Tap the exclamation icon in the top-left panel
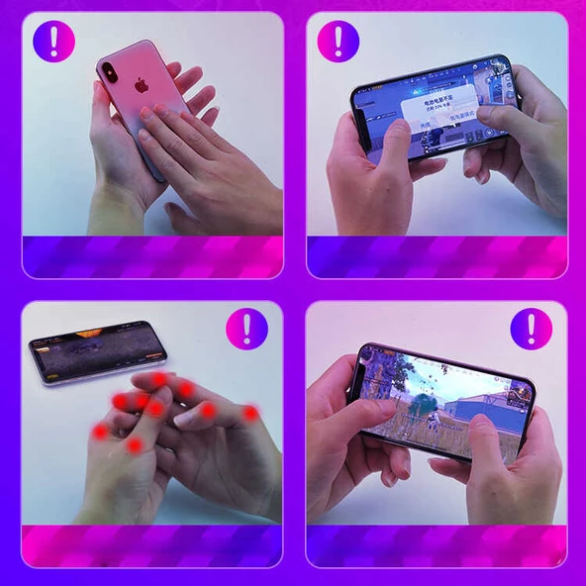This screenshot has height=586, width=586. point(53,41)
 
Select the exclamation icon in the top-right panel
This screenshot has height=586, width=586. point(338,41)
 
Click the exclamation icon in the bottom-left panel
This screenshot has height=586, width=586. point(246,328)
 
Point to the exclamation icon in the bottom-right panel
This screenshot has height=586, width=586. point(531,328)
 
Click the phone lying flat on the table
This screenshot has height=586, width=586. point(96,350)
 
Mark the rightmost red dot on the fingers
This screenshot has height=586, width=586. point(251,413)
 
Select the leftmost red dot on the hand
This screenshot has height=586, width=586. point(100,433)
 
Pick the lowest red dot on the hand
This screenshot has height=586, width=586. point(135,446)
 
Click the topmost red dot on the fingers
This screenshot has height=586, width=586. point(159,379)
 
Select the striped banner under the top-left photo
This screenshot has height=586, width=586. point(152,256)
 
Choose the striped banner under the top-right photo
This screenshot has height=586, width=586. point(437,256)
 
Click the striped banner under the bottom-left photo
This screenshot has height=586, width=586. point(152,545)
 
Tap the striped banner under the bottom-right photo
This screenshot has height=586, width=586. point(437,545)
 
